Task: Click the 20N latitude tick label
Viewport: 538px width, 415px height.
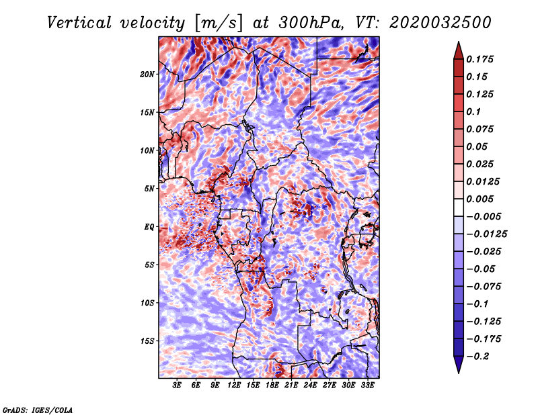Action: [x=147, y=75]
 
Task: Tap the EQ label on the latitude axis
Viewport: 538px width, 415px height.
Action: [x=149, y=227]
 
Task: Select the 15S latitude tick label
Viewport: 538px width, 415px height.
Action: [x=147, y=341]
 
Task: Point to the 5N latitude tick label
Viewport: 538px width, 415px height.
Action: [x=149, y=189]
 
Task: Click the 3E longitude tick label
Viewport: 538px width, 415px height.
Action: [x=177, y=385]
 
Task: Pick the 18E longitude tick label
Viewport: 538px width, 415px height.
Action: [x=272, y=385]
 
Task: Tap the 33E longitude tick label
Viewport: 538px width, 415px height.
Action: [x=367, y=385]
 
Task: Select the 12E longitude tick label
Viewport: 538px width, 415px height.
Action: [x=234, y=385]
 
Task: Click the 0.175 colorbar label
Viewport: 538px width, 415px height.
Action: [x=479, y=59]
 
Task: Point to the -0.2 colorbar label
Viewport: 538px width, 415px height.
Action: [x=477, y=357]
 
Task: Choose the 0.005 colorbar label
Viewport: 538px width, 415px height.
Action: [x=479, y=199]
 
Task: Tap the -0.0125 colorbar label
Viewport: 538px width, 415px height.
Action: [x=486, y=234]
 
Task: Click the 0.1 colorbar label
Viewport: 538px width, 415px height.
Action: [x=473, y=111]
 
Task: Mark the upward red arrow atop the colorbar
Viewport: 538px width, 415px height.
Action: [x=459, y=51]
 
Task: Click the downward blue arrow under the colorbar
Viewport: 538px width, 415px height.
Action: [x=459, y=365]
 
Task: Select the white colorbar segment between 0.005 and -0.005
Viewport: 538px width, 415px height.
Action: [x=459, y=207]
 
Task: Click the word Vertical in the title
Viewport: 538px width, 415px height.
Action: [x=79, y=23]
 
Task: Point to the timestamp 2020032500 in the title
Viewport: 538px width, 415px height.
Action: [x=440, y=23]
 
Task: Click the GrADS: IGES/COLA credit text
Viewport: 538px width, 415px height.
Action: [x=38, y=410]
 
